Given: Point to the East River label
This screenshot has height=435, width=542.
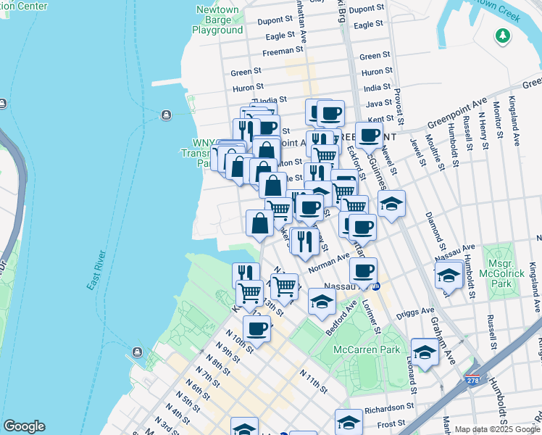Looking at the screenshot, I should tap(97, 271).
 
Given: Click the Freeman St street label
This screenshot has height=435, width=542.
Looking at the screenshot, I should tap(283, 51).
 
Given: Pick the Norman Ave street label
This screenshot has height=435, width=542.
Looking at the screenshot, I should tap(324, 267).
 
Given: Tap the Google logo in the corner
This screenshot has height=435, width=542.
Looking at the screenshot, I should tap(24, 426).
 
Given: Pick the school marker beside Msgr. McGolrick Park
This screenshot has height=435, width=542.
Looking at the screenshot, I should tap(449, 275).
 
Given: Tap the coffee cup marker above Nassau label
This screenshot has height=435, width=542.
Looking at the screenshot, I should tap(363, 272).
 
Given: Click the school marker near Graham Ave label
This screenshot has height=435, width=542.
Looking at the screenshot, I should tap(425, 352).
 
